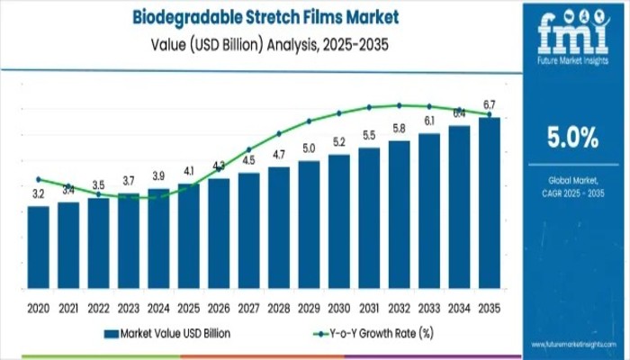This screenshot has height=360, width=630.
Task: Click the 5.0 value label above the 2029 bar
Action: (309, 148)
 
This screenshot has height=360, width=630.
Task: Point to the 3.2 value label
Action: (39, 193)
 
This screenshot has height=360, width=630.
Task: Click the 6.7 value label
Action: (490, 104)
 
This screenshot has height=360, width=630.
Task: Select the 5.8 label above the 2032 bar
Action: (400, 128)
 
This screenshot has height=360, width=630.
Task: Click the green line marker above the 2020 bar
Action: (39, 179)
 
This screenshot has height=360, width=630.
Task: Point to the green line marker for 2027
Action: (249, 149)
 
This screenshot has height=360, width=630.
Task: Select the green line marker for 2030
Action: (339, 113)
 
